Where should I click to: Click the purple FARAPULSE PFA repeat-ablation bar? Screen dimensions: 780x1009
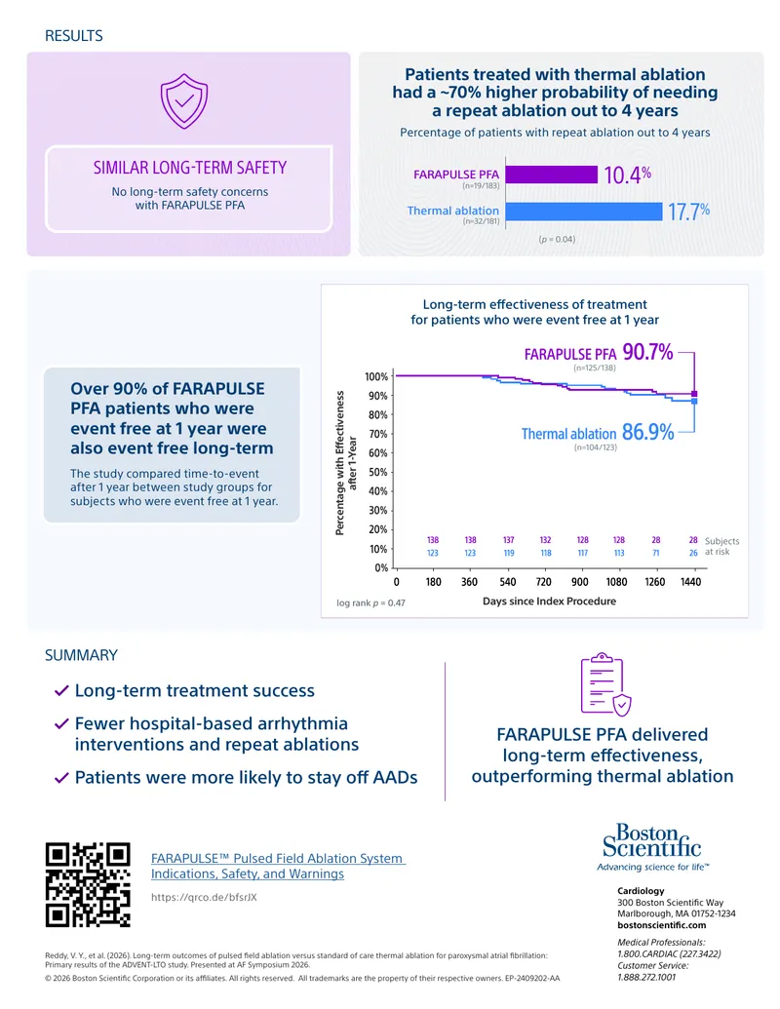point(552,175)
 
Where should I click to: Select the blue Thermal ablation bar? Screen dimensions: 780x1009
point(584,212)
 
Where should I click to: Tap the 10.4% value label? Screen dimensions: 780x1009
point(628,175)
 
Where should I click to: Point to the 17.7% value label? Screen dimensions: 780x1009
point(688,212)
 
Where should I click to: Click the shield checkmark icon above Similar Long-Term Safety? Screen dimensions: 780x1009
point(184,101)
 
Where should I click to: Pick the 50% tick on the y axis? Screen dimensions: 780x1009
point(377,472)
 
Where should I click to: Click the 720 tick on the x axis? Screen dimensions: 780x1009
point(544,582)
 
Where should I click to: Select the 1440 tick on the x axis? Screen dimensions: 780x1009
point(690,582)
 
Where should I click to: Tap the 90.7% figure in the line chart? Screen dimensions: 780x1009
point(647,352)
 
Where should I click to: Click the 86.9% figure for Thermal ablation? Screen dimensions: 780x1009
point(648,432)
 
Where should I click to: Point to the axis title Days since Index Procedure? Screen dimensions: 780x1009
point(549,602)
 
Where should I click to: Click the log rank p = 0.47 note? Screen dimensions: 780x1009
point(370,602)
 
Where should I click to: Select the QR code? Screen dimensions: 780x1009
point(88,885)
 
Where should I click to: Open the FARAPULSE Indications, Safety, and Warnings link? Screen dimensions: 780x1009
point(278,866)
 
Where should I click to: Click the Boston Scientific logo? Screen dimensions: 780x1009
point(652,847)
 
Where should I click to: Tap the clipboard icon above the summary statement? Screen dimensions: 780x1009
point(605,684)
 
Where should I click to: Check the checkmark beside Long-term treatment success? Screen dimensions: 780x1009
point(61,691)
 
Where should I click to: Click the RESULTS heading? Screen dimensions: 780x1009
point(73,36)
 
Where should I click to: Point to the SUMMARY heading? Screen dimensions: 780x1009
point(81,655)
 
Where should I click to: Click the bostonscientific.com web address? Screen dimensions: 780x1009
point(662,925)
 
